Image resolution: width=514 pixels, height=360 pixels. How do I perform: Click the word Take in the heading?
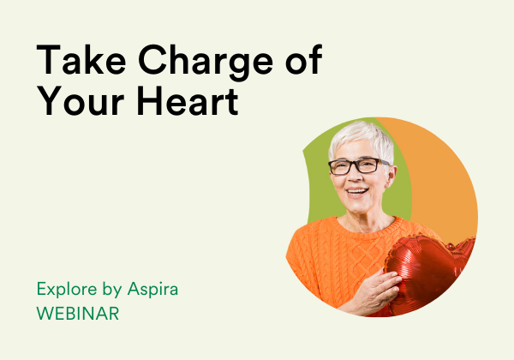(81, 60)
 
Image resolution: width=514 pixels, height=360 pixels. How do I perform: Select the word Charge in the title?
(206, 63)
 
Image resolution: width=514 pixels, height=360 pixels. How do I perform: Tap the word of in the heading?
(304, 59)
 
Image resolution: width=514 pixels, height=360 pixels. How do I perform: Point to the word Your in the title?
(81, 100)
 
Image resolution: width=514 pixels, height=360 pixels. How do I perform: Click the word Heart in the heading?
(187, 100)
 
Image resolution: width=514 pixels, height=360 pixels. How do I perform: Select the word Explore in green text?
(67, 289)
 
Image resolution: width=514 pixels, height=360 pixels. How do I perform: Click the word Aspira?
(152, 290)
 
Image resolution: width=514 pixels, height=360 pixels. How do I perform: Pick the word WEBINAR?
(78, 314)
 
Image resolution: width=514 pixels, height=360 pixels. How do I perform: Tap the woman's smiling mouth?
(357, 191)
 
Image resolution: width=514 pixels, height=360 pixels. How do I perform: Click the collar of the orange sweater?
(368, 226)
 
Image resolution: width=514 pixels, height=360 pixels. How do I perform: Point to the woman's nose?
(354, 175)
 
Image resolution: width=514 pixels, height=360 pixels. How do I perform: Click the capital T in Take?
(48, 60)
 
